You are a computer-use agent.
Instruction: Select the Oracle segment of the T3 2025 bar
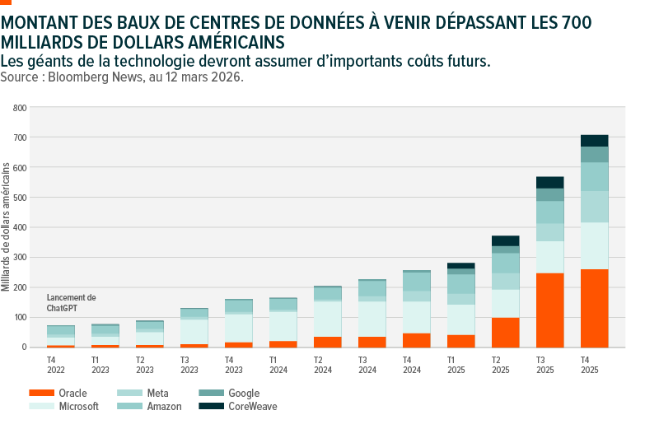549,310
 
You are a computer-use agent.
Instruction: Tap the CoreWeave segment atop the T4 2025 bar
595,141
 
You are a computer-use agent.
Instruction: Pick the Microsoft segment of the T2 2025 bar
505,303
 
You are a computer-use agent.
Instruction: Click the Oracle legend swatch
42,394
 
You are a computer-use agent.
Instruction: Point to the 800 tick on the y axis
21,108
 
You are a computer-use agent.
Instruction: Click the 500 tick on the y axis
21,198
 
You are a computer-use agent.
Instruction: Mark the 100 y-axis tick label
21,317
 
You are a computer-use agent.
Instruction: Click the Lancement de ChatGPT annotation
72,302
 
